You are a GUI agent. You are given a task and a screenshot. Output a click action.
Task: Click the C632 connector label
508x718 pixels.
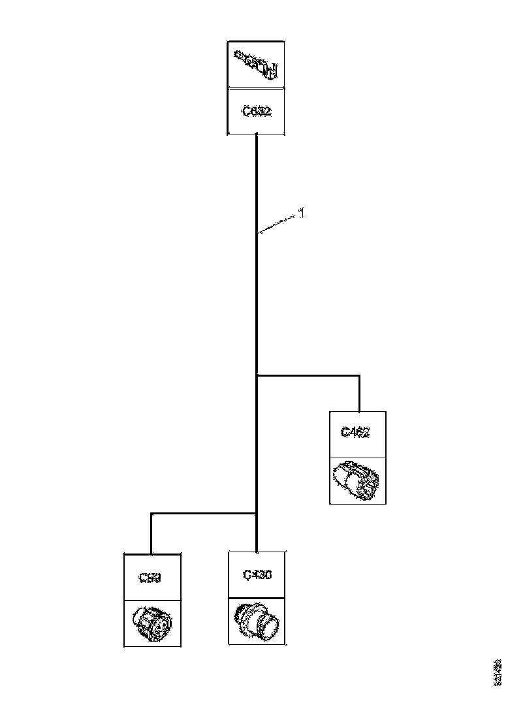[x=257, y=112]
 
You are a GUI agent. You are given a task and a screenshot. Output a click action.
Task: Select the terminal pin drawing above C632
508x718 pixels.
[x=257, y=63]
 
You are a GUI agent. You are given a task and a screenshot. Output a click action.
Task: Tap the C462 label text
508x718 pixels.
[x=357, y=432]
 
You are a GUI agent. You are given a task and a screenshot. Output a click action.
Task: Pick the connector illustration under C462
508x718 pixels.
[x=357, y=481]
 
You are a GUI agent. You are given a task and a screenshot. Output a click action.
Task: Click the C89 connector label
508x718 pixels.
[x=151, y=577]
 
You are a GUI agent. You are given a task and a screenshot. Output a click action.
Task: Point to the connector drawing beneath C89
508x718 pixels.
[x=151, y=623]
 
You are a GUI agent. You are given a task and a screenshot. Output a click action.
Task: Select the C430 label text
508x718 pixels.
[x=257, y=575]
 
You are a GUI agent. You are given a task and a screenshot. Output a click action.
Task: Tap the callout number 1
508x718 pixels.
[x=301, y=212]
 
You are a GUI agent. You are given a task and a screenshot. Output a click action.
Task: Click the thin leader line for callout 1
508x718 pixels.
[x=278, y=225]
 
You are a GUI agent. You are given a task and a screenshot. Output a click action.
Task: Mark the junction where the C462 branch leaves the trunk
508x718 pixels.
[x=257, y=375]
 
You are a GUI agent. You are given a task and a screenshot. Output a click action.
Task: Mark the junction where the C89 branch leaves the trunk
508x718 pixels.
[x=257, y=514]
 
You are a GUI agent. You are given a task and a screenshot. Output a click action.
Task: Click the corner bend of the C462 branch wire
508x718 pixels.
[x=359, y=375]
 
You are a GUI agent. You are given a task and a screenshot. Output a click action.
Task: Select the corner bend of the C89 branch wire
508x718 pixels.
[x=151, y=514]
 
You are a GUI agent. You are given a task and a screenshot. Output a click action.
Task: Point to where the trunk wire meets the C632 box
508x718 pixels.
[x=257, y=135]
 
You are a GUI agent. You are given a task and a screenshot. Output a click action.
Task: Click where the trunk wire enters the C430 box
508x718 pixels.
[x=257, y=552]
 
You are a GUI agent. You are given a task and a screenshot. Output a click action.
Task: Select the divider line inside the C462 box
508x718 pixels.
[x=357, y=457]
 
